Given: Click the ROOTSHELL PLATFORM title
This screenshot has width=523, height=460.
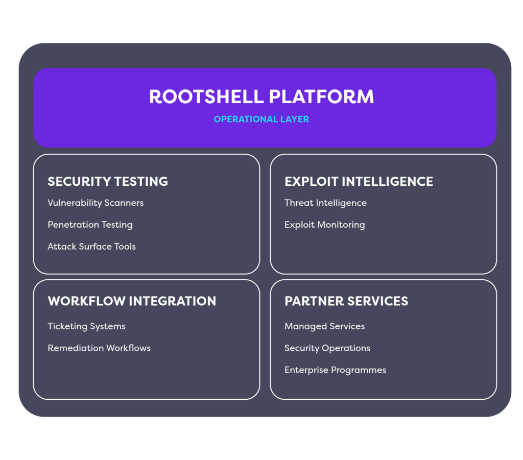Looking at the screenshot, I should [x=261, y=96].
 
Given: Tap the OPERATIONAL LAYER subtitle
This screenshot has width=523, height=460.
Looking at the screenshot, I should [x=261, y=119].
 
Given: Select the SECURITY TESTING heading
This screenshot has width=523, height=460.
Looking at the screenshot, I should [x=108, y=181].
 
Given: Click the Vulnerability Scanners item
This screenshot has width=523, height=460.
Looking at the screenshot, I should [x=96, y=203].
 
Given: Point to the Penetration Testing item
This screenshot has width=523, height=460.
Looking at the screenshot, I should [x=90, y=225].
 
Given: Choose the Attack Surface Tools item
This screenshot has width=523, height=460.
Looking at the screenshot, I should [x=91, y=247].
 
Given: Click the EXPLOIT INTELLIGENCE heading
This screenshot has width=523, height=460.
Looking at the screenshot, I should [x=359, y=181].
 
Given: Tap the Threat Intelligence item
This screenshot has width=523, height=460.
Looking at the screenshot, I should [x=325, y=203].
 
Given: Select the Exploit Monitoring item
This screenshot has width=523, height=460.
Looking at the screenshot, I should [x=324, y=225].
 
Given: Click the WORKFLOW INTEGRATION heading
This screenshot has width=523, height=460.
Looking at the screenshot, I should [x=132, y=301].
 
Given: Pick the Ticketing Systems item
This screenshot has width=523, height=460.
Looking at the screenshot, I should [x=86, y=326].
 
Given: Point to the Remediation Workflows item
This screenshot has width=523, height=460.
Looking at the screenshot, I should [x=99, y=348].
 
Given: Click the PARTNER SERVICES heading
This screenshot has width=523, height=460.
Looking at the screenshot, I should [x=346, y=301].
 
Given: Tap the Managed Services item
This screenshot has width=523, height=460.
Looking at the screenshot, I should [x=324, y=326].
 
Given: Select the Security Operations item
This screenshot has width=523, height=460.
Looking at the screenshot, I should [x=327, y=348].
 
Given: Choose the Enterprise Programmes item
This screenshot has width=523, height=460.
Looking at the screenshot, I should [x=335, y=370].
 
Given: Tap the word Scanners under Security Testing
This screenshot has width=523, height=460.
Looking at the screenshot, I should [x=124, y=203].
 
